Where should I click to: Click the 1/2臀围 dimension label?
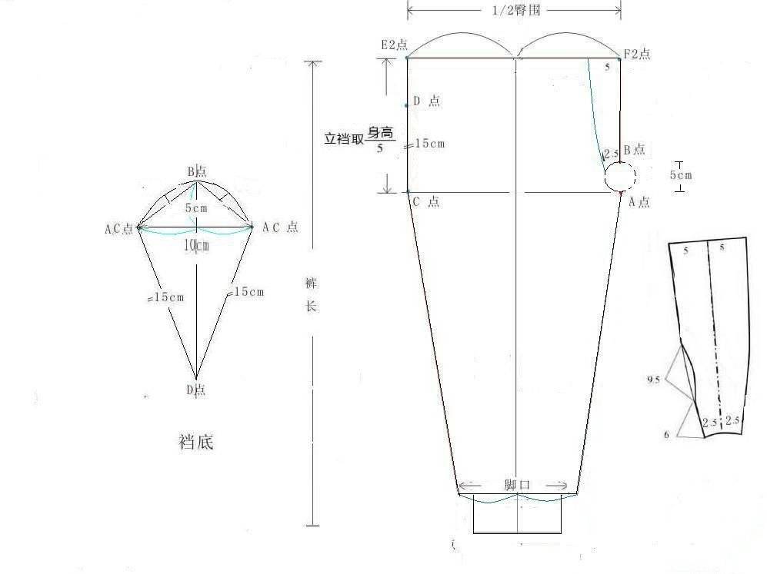point(516,10)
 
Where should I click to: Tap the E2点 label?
point(394,45)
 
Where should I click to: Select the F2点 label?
point(637,54)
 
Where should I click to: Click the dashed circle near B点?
point(620,177)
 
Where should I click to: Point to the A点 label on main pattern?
point(639,202)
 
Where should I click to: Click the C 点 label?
point(426,202)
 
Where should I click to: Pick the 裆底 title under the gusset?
point(196,442)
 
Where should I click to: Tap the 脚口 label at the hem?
point(517,485)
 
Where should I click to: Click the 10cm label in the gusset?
point(197,245)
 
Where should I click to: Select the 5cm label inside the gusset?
point(196,208)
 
